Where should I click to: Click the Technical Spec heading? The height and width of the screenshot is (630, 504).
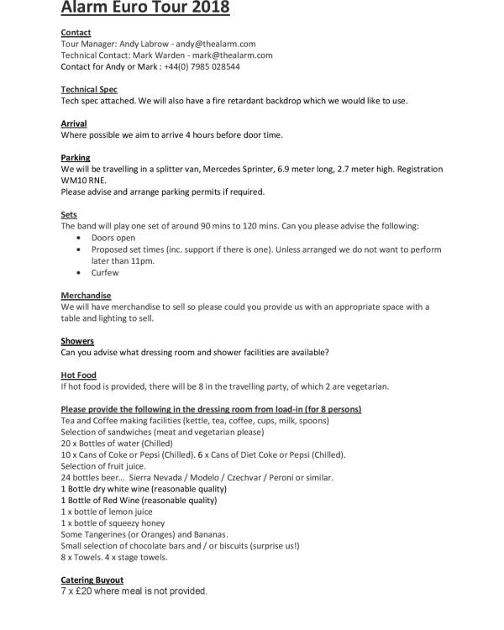pyautogui.click(x=89, y=89)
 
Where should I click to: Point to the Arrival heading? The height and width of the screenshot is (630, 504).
pyautogui.click(x=74, y=123)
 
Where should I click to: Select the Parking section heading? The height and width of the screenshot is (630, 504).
pyautogui.click(x=76, y=158)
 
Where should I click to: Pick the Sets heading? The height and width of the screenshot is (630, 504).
pyautogui.click(x=69, y=215)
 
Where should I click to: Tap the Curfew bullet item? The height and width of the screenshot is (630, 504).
pyautogui.click(x=105, y=272)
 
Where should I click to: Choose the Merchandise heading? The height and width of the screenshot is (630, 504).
pyautogui.click(x=86, y=296)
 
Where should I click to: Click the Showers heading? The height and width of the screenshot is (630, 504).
pyautogui.click(x=77, y=341)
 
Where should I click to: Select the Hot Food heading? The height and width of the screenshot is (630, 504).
pyautogui.click(x=79, y=375)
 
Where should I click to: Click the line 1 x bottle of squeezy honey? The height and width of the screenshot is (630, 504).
pyautogui.click(x=113, y=523)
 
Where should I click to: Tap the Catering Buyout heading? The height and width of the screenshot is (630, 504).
pyautogui.click(x=92, y=580)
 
